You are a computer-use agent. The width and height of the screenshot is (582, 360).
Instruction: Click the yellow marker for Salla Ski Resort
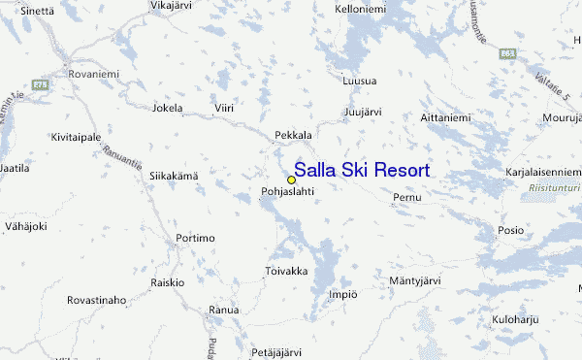291,180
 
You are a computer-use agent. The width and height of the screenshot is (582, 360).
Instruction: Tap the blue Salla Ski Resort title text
362,170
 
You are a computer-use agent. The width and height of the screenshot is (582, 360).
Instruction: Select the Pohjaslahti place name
288,192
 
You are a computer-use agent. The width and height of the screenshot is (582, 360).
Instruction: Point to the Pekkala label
294,135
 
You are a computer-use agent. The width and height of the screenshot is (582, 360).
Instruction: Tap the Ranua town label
223,311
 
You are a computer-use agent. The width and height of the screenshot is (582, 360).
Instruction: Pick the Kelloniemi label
361,10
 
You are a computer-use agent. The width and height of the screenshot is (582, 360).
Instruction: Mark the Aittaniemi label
444,118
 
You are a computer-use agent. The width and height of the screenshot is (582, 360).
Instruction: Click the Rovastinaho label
96,301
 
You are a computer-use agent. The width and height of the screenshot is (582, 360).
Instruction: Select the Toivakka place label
287,271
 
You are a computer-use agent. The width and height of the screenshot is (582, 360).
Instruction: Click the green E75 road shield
40,85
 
